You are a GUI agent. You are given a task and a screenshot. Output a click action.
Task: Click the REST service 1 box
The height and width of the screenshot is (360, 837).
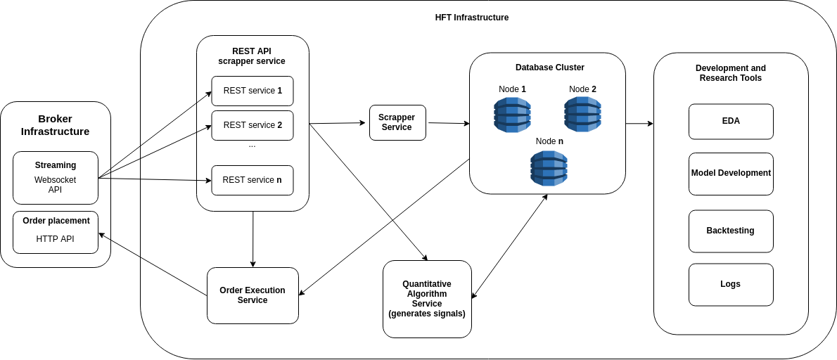[253, 91]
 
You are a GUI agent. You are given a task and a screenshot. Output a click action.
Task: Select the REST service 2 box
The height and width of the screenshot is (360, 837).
[253, 125]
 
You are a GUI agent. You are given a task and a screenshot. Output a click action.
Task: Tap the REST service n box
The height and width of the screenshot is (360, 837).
[253, 180]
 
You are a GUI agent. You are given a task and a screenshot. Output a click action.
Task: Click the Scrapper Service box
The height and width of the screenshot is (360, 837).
[397, 122]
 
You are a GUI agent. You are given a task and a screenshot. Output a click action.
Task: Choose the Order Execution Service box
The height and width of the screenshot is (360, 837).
[253, 295]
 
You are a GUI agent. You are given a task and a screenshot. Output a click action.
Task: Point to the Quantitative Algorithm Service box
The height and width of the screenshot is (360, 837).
[427, 299]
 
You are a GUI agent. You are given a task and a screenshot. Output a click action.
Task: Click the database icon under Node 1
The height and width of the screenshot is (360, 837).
[512, 115]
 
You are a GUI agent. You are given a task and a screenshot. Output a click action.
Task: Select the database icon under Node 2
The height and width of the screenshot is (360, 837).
[582, 115]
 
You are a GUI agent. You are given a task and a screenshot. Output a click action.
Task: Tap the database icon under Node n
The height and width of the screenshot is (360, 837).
[549, 168]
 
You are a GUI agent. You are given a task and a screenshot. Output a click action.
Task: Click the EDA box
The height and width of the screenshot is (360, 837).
[731, 122]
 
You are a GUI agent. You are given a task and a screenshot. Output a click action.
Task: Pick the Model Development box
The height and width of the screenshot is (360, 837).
[731, 174]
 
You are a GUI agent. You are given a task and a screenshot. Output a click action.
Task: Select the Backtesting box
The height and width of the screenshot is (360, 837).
[731, 231]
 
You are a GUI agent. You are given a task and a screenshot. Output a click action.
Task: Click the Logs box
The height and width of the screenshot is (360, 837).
[731, 285]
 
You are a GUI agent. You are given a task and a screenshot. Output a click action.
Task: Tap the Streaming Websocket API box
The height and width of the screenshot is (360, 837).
[56, 178]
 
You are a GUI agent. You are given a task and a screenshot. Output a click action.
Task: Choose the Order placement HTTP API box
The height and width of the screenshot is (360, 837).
[56, 232]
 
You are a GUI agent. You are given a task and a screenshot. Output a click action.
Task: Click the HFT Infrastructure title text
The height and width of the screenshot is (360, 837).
[471, 18]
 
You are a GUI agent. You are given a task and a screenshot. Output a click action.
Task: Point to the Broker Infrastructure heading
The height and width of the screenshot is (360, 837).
[55, 125]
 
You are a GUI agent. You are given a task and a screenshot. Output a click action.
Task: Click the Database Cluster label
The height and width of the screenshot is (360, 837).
[549, 67]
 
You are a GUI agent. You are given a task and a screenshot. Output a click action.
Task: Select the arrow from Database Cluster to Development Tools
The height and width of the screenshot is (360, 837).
[639, 124]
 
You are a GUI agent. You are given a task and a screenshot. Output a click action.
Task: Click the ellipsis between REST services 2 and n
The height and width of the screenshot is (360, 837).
[252, 146]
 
